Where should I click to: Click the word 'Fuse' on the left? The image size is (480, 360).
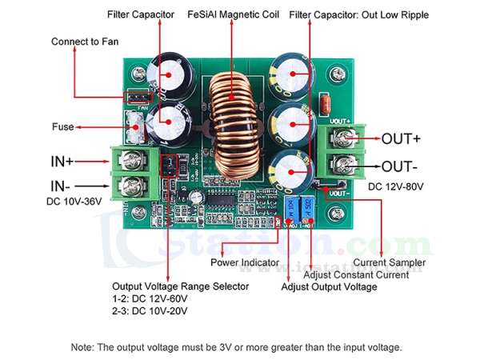click(x=63, y=126)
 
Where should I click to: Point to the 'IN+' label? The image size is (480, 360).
click(x=62, y=162)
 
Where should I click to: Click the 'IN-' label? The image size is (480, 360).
click(x=60, y=186)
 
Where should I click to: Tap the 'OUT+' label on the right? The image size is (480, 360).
click(x=401, y=138)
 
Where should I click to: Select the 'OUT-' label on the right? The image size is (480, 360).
click(x=399, y=167)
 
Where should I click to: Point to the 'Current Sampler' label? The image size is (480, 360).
click(x=390, y=262)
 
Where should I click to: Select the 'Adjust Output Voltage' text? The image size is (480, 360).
click(x=329, y=286)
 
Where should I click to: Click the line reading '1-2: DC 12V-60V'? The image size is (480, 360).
click(x=150, y=298)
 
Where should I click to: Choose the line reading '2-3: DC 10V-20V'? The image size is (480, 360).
click(x=150, y=310)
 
